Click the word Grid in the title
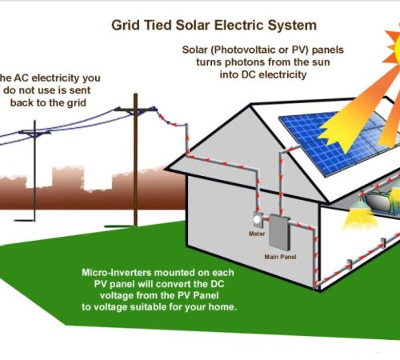[x=126, y=26]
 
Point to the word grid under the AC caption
[x=76, y=103]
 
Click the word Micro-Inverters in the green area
[x=117, y=273]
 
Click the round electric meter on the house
[x=258, y=219]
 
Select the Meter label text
[x=257, y=234]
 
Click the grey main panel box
[x=278, y=233]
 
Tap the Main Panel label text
[x=280, y=257]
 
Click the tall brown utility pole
[x=136, y=160]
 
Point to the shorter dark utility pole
[x=34, y=170]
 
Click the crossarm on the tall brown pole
[x=136, y=109]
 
